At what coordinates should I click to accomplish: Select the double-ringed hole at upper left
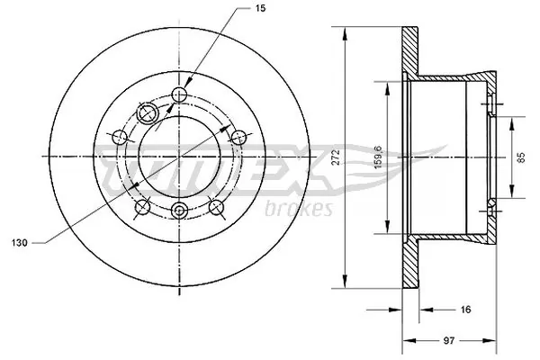pyautogui.click(x=146, y=112)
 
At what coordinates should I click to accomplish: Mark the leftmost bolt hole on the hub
pyautogui.click(x=119, y=137)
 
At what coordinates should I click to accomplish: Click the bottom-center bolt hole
pyautogui.click(x=179, y=211)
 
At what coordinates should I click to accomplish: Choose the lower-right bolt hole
pyautogui.click(x=216, y=206)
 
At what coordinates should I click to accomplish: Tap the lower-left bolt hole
pyautogui.click(x=141, y=209)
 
